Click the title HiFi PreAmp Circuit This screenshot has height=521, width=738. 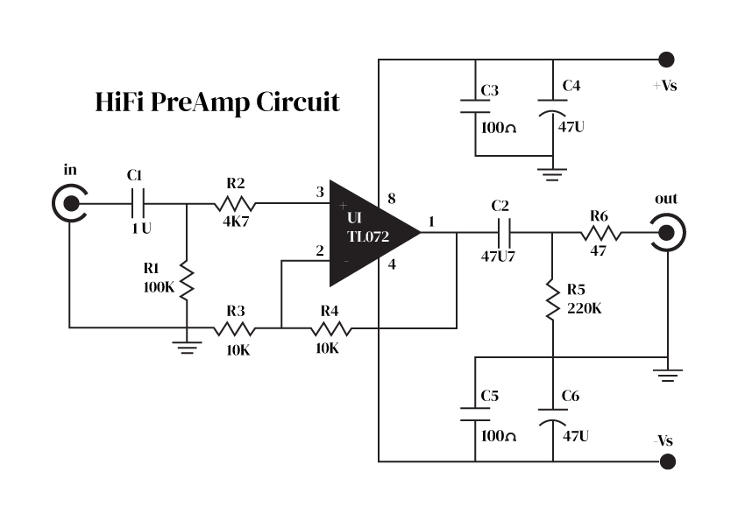pos(216,102)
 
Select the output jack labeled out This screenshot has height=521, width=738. pos(668,234)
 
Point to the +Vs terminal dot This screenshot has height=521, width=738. pos(666,60)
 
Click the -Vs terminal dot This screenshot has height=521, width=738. pos(666,461)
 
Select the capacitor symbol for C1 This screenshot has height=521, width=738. pos(138,205)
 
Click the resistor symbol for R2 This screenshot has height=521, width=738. pos(235,205)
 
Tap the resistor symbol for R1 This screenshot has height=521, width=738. pos(187,278)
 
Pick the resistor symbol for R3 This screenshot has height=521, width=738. pos(235,329)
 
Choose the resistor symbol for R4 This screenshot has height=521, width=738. pos(330,329)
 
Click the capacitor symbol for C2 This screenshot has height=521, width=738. pos(504,234)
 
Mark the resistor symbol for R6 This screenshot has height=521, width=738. pos(600,234)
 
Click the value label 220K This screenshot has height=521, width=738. pos(585,308)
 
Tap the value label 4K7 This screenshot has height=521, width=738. pos(236,222)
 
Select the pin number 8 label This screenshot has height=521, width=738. pos(391,201)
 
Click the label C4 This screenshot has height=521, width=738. pos(571,86)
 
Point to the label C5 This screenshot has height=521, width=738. pos(490,397)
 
